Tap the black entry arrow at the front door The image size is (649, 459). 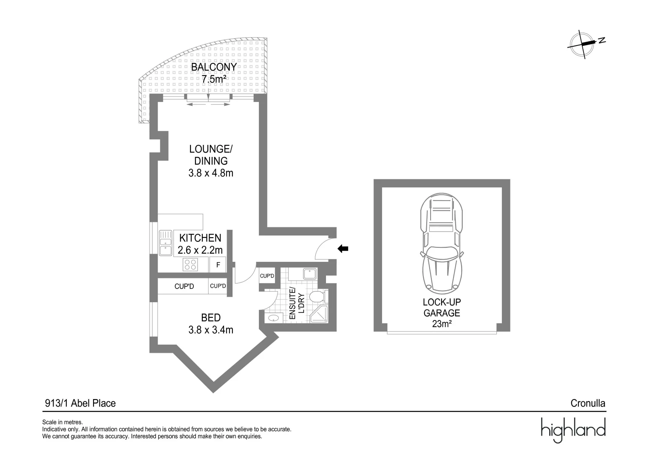(x=343, y=249)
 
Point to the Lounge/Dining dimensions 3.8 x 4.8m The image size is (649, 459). (x=211, y=173)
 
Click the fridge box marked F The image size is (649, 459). (x=218, y=265)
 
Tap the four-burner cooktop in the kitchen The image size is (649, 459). (x=190, y=265)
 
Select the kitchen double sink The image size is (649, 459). (x=165, y=243)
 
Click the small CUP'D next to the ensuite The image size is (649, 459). (x=267, y=276)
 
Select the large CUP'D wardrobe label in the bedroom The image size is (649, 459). (x=184, y=286)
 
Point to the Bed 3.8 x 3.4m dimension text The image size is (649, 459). (x=211, y=329)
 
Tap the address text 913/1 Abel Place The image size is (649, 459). (x=80, y=403)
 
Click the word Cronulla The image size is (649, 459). (x=588, y=403)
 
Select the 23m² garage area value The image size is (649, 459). (x=442, y=324)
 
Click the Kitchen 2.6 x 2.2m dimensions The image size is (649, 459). (x=200, y=250)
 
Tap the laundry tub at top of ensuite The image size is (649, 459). (x=309, y=273)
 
